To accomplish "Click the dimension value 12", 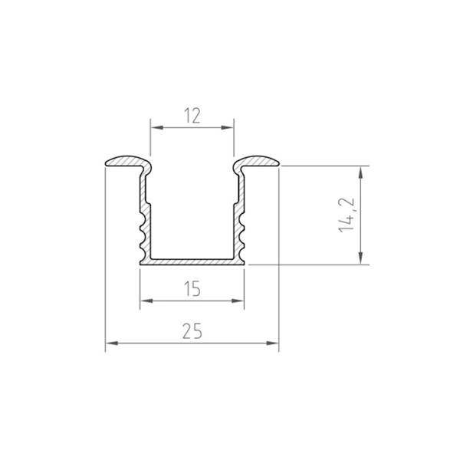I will (192, 117).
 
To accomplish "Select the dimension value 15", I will (192, 288).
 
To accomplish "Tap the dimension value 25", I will (192, 331).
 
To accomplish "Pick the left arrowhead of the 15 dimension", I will (143, 301).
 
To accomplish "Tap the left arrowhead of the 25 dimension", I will (108, 343).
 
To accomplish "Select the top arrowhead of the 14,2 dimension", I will (361, 169).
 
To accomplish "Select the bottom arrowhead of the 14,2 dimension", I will (361, 260).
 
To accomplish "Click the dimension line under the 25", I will (192, 343).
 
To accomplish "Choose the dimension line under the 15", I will (192, 301).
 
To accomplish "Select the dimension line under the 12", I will (192, 127).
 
